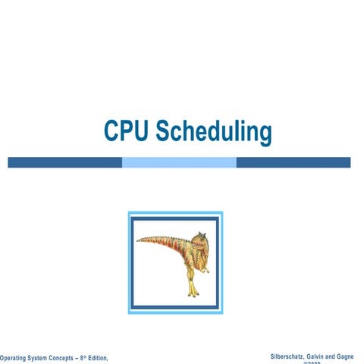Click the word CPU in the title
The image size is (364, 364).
(x=126, y=131)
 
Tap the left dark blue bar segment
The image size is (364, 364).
(x=64, y=162)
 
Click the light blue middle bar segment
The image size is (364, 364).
(x=179, y=162)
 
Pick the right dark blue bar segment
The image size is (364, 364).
(x=293, y=162)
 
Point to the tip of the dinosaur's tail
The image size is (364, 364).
(x=140, y=240)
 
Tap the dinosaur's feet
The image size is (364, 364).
(x=194, y=292)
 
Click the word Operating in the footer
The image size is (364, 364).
(x=16, y=357)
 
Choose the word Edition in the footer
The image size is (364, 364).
(x=107, y=357)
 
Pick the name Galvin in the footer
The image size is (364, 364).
(x=322, y=356)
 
